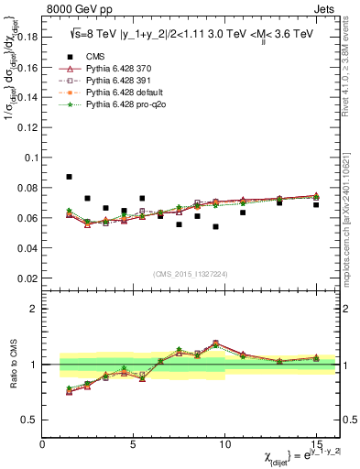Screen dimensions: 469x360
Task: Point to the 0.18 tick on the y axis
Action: click(27, 38)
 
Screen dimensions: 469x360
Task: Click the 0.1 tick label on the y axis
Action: click(30, 158)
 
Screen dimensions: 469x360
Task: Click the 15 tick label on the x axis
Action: click(315, 446)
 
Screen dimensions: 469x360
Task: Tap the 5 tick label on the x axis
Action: click(134, 446)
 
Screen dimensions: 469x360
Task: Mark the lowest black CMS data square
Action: click(215, 226)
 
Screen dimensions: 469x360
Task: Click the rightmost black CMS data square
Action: click(316, 204)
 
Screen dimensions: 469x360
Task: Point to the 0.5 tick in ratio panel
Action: click(30, 420)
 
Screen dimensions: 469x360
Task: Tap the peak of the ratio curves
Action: click(215, 344)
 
